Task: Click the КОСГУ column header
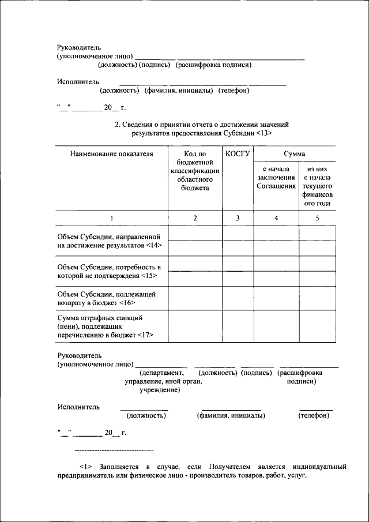pyautogui.click(x=238, y=154)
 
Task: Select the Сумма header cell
pyautogui.click(x=295, y=154)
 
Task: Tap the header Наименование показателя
pyautogui.click(x=112, y=154)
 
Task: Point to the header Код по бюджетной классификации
pyautogui.click(x=195, y=171)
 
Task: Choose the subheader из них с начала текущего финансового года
pyautogui.click(x=317, y=186)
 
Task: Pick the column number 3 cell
pyautogui.click(x=238, y=218)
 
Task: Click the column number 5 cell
pyautogui.click(x=317, y=218)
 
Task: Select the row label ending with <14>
pyautogui.click(x=110, y=241)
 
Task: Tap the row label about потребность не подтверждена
pyautogui.click(x=109, y=271)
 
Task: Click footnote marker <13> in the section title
pyautogui.click(x=263, y=133)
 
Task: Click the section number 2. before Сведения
pyautogui.click(x=118, y=125)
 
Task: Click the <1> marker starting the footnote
pyautogui.click(x=85, y=465)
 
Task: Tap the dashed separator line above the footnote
pyautogui.click(x=114, y=450)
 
